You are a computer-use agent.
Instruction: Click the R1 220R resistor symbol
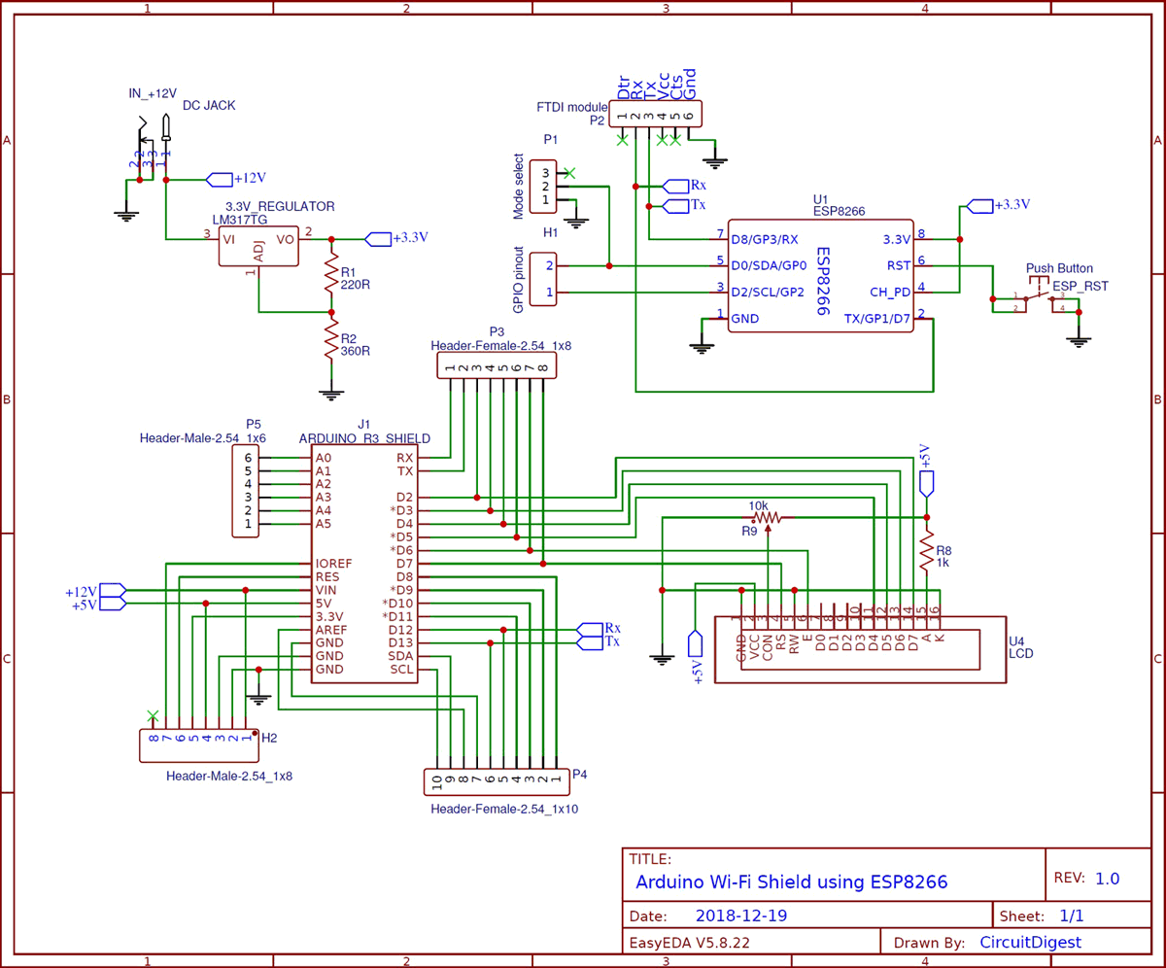point(331,275)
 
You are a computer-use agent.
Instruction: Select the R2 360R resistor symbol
point(331,342)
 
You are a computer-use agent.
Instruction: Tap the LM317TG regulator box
point(258,247)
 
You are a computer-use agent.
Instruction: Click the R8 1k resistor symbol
point(927,551)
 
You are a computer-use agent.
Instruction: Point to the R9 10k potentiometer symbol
point(769,518)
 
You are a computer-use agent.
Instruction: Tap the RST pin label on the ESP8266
point(898,263)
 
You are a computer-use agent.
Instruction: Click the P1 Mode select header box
point(543,186)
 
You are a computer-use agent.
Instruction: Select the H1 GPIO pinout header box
point(543,279)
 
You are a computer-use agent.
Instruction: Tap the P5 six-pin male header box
point(247,491)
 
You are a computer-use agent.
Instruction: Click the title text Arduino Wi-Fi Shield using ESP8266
point(790,882)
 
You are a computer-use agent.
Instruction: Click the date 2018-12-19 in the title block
point(741,916)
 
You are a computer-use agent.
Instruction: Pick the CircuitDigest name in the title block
point(1029,942)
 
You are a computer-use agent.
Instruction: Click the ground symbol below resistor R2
point(331,394)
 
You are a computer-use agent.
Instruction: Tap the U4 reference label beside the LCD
point(1017,641)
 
